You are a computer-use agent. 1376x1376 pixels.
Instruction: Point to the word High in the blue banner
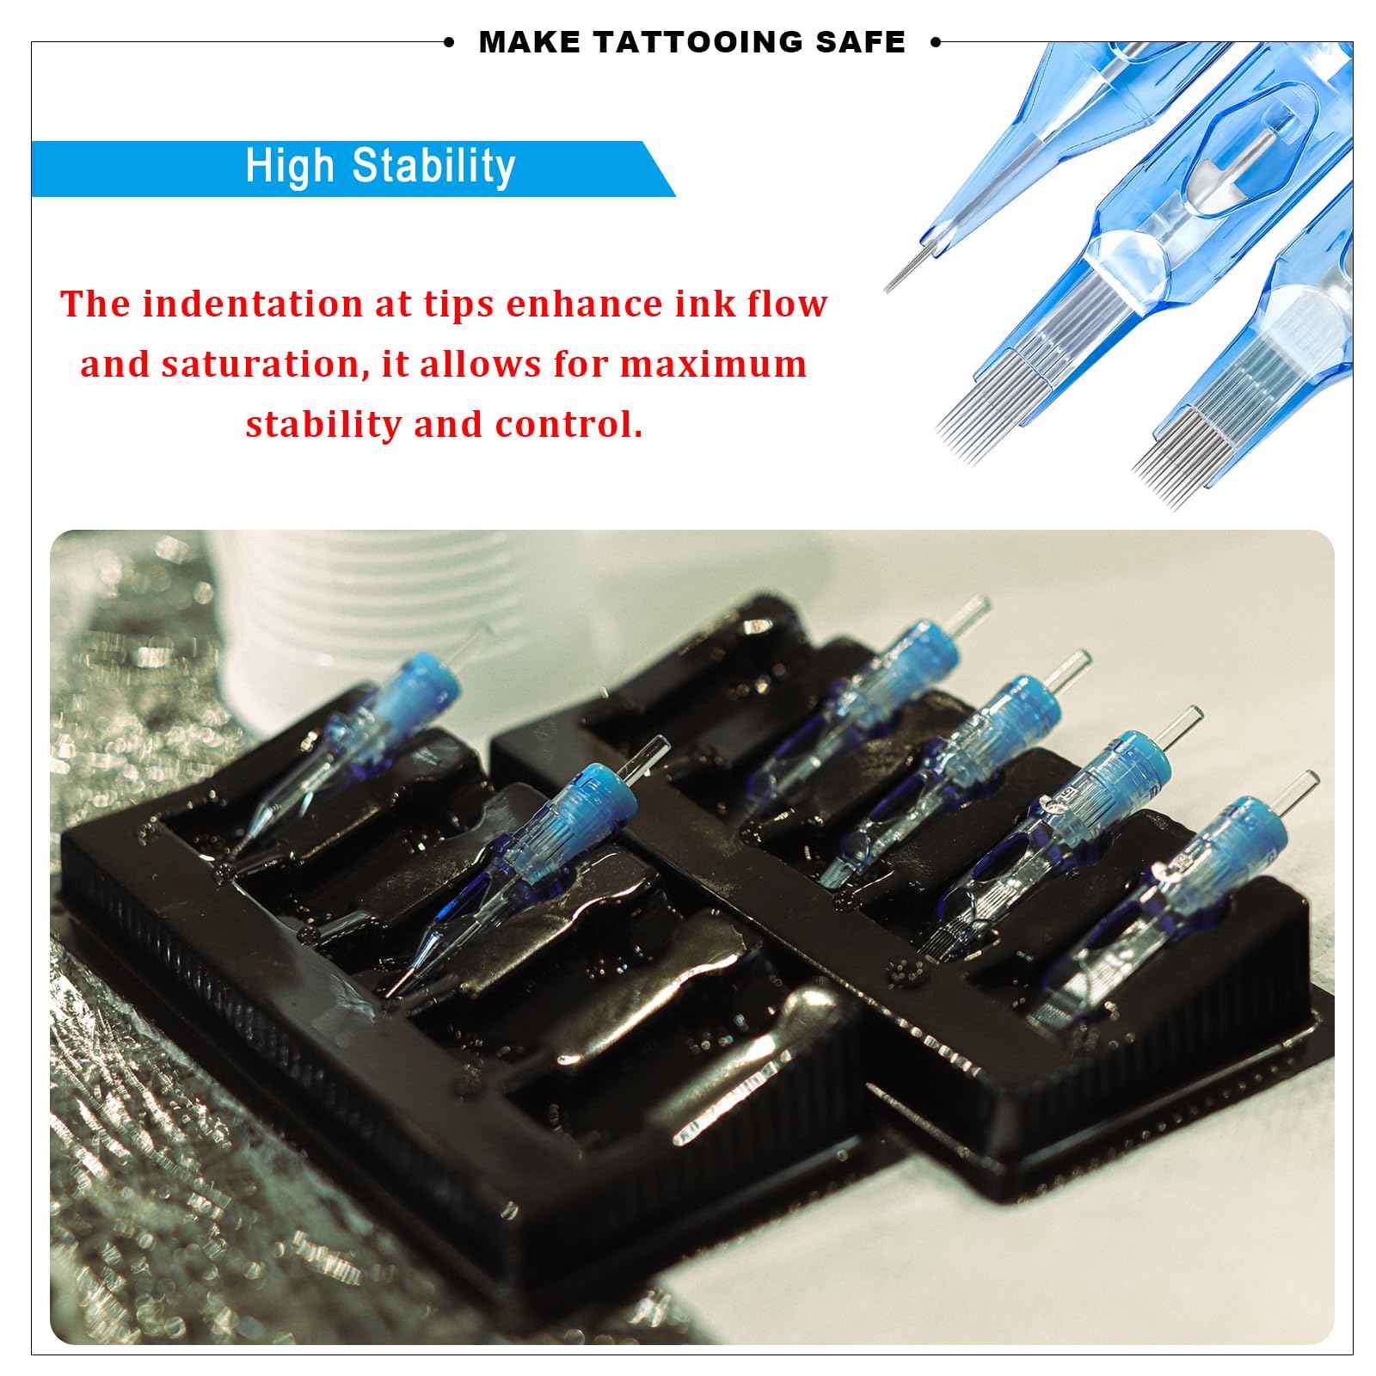290,165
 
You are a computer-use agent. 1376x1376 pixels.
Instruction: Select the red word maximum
713,364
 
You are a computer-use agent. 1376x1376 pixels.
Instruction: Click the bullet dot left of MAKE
448,42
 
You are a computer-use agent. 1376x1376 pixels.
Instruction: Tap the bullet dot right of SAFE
936,42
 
